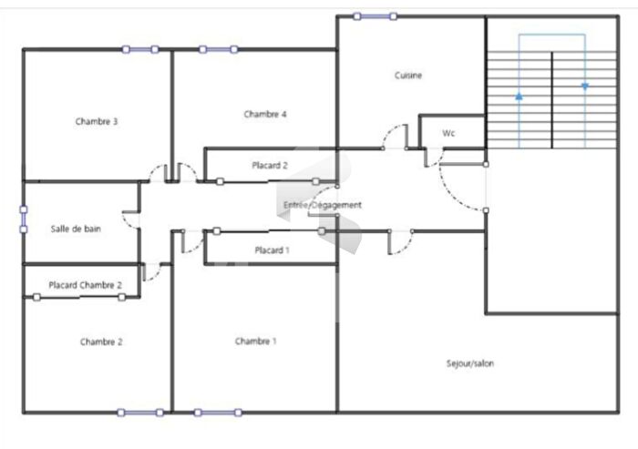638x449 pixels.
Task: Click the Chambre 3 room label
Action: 97,122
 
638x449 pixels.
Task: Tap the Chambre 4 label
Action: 265,114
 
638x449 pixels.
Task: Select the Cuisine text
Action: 408,76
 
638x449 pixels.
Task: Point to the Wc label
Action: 448,133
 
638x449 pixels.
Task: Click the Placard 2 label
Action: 270,166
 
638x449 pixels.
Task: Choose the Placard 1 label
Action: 272,250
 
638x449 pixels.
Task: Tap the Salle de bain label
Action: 76,229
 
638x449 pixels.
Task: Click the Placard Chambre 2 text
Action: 85,285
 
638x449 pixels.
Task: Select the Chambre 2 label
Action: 101,342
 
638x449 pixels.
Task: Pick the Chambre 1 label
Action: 255,342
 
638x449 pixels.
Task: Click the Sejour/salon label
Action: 470,363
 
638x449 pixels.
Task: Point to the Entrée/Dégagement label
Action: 323,205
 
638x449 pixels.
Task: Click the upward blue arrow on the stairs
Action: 519,97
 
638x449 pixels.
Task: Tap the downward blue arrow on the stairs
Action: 585,87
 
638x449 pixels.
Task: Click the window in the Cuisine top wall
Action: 376,16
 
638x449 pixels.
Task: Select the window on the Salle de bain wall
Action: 24,219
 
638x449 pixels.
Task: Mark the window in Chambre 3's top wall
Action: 140,49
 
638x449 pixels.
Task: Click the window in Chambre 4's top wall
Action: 219,49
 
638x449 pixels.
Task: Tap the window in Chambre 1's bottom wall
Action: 218,413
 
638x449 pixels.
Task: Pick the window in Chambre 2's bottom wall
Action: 140,413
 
